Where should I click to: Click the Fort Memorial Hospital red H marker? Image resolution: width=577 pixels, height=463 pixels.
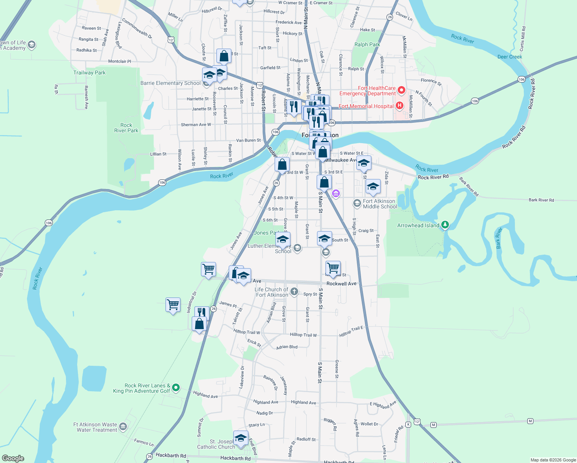(x=400, y=105)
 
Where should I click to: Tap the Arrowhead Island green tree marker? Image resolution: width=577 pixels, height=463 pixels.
(x=445, y=225)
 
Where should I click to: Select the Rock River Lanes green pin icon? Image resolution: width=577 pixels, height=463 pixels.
(x=176, y=387)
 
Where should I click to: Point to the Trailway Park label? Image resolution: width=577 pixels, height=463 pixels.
(x=89, y=73)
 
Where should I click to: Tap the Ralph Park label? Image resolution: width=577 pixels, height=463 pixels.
(x=367, y=44)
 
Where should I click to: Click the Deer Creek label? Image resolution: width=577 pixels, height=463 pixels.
(x=510, y=57)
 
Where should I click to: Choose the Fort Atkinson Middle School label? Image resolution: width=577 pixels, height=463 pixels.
(x=380, y=204)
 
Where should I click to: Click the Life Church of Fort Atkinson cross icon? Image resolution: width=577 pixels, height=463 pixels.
(x=294, y=291)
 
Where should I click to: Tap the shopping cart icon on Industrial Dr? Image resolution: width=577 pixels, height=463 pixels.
(x=173, y=305)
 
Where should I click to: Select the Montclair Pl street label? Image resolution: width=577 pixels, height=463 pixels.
(x=120, y=61)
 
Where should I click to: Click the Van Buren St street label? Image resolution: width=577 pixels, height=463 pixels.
(x=248, y=140)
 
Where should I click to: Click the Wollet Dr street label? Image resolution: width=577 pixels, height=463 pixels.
(x=369, y=424)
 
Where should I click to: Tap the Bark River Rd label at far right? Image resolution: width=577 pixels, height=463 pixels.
(x=541, y=200)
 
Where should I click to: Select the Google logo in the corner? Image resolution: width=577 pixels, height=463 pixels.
(x=13, y=458)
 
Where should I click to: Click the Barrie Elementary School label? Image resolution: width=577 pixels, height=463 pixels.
(x=170, y=83)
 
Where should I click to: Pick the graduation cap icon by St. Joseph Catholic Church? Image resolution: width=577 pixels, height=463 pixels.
(x=241, y=438)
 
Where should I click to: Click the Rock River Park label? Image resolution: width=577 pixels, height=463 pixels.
(x=126, y=128)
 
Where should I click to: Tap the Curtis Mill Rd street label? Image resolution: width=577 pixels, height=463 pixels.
(x=523, y=39)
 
